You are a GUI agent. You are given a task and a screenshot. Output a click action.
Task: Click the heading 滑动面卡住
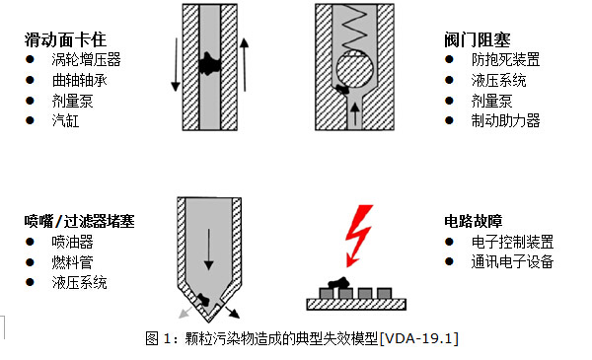tap(65, 40)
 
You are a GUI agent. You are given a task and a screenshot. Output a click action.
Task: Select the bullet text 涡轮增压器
tap(85, 60)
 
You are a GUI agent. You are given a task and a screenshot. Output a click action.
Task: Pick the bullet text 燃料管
tap(72, 262)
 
